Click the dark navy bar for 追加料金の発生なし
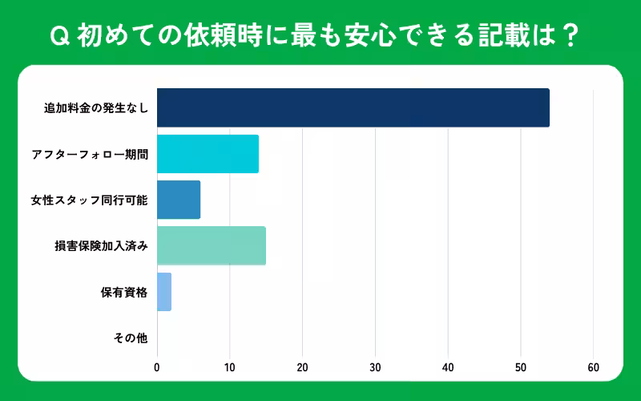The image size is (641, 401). click(353, 107)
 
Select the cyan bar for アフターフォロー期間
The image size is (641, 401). click(208, 154)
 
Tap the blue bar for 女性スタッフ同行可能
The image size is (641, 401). click(179, 200)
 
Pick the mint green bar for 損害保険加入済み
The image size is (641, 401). click(212, 246)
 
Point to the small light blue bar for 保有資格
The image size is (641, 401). click(164, 292)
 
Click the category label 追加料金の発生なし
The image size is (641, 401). click(96, 108)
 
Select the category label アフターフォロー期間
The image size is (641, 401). click(89, 154)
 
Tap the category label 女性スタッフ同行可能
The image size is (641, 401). click(89, 200)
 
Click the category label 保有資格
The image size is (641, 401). click(124, 292)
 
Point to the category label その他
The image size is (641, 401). click(131, 338)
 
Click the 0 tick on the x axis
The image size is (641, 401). click(157, 367)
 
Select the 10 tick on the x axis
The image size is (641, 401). click(230, 367)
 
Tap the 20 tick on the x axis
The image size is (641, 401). click(302, 367)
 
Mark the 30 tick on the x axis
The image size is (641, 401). click(375, 367)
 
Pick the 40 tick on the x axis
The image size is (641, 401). click(448, 367)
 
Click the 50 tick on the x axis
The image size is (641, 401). click(521, 367)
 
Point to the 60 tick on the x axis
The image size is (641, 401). click(594, 367)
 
